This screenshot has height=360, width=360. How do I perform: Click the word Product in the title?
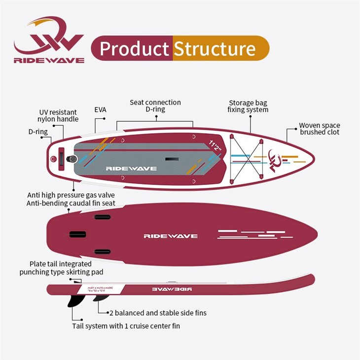[134, 49]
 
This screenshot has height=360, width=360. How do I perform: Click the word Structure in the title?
[215, 49]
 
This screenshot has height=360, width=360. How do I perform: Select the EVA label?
[100, 110]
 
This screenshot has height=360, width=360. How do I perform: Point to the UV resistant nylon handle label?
[58, 115]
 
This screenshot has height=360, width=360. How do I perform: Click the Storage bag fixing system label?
[248, 106]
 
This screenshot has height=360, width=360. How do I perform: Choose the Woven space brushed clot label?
[319, 129]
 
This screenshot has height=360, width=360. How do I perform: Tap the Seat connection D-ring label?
[155, 106]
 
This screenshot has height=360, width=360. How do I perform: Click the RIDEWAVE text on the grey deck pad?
[131, 168]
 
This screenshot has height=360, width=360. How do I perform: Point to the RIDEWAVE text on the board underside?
[171, 236]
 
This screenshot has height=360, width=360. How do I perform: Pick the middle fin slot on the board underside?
[78, 234]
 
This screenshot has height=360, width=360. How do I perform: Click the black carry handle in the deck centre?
[172, 158]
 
